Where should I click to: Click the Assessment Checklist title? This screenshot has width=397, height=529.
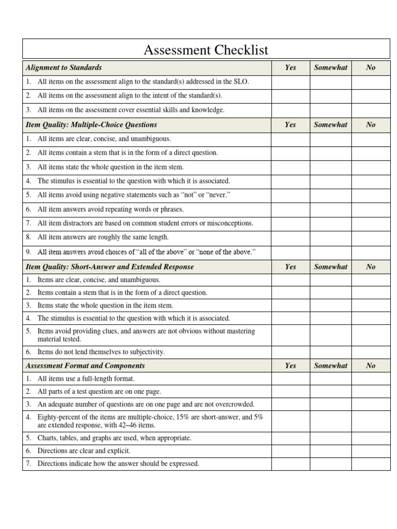(206, 50)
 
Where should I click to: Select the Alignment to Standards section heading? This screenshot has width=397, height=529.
(64, 68)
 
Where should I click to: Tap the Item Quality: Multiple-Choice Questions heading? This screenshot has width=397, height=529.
(91, 125)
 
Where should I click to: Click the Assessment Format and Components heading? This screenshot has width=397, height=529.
(85, 366)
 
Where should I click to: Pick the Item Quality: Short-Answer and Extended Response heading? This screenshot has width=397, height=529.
(110, 267)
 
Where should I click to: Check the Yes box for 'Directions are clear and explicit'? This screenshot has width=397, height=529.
(291, 451)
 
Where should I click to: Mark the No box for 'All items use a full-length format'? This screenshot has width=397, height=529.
(371, 379)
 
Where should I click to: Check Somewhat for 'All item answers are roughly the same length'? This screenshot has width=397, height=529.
(331, 238)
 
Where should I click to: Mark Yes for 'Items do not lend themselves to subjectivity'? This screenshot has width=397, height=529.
(291, 352)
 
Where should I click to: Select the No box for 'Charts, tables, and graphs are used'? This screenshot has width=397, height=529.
(371, 438)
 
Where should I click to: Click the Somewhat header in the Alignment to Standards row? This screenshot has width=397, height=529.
(331, 68)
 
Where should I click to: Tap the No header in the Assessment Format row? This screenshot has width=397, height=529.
(371, 366)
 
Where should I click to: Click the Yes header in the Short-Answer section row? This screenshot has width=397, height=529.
(291, 267)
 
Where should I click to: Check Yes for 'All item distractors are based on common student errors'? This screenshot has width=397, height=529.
(291, 224)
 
